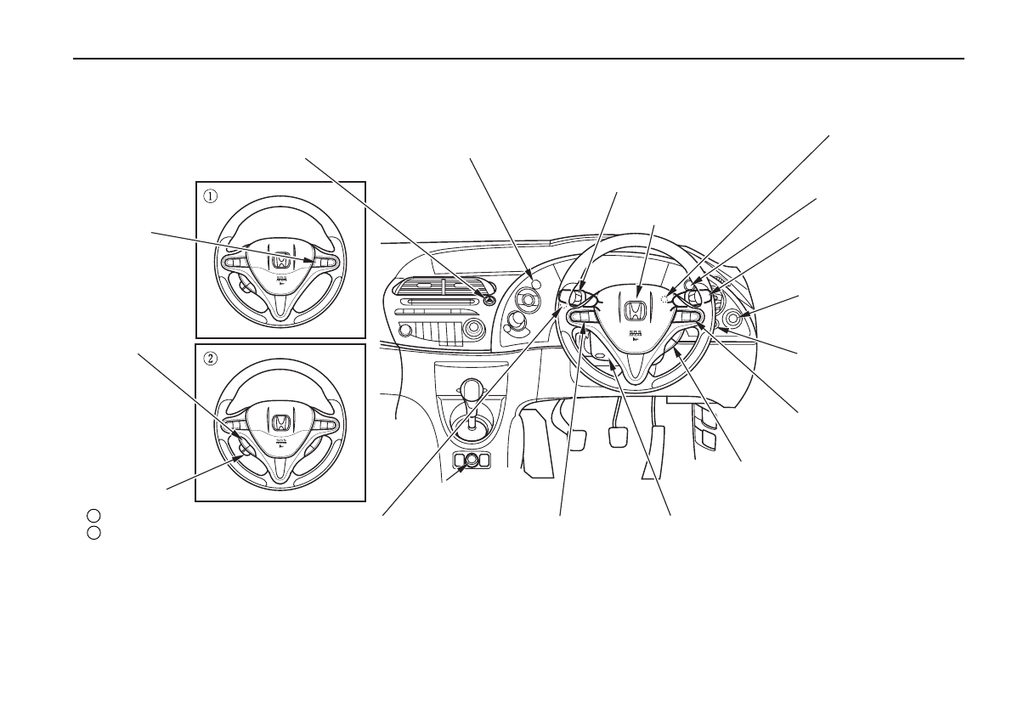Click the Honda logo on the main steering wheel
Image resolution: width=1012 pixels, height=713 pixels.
point(634,311)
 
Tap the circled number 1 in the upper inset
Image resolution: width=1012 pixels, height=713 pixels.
point(210,195)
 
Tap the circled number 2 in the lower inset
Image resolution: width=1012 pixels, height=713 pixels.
point(210,357)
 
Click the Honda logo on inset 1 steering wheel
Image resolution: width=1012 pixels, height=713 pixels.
point(280,258)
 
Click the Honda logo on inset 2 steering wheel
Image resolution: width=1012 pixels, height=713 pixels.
point(280,422)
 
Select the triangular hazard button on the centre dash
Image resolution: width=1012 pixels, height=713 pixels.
point(490,297)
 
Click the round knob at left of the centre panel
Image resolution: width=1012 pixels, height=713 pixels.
point(405,330)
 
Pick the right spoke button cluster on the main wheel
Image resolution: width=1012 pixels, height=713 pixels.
point(688,317)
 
